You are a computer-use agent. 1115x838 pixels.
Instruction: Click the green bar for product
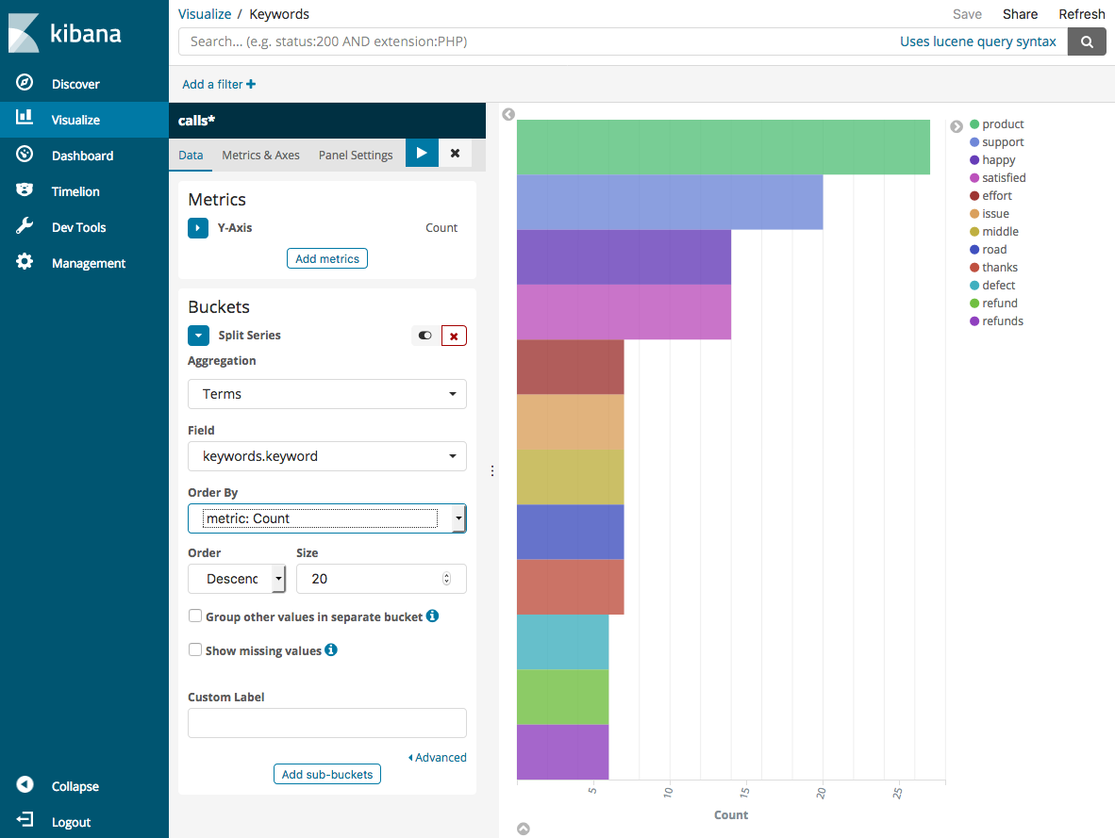point(723,147)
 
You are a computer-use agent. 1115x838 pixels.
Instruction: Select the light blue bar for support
point(669,202)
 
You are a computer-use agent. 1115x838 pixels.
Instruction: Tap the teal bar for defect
point(562,642)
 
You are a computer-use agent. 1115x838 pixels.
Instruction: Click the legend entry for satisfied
point(1003,178)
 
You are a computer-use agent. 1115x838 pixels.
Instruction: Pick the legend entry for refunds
point(1002,321)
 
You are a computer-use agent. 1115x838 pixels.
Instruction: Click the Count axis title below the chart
point(730,814)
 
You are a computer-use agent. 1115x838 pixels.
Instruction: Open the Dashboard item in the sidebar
point(82,156)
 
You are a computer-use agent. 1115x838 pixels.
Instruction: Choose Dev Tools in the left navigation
point(78,227)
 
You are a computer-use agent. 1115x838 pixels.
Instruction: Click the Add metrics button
point(326,258)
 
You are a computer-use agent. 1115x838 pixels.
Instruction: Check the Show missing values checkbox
point(195,649)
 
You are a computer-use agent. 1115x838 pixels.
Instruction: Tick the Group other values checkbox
point(195,616)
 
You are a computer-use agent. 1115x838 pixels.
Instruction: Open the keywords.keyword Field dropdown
point(326,456)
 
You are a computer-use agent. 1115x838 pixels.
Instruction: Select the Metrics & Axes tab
point(260,155)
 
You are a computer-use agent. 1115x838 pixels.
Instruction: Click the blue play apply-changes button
point(422,153)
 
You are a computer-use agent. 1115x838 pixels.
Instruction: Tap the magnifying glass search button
point(1087,41)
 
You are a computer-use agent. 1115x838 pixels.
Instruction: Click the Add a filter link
point(218,84)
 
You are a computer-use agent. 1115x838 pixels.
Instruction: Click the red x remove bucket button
point(454,336)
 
